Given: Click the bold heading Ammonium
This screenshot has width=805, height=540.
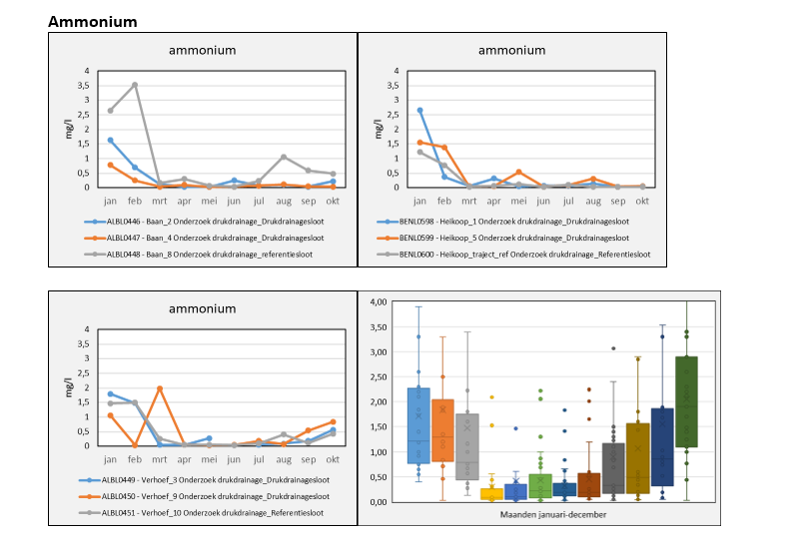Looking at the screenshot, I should pos(92,21).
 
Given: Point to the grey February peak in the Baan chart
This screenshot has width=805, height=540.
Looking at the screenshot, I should pos(135,85).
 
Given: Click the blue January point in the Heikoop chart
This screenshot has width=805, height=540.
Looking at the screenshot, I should pos(419,110).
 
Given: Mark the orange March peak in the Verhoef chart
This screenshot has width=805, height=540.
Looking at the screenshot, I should pos(160,388).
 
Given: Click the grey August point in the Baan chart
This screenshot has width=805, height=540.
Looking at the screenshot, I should pos(284,157).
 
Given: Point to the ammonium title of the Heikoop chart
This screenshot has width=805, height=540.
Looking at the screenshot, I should pos(511,50).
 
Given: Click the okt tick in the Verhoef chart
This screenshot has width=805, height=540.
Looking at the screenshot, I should pos(333,460).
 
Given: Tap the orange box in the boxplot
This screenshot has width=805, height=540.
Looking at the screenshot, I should pos(442,430).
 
